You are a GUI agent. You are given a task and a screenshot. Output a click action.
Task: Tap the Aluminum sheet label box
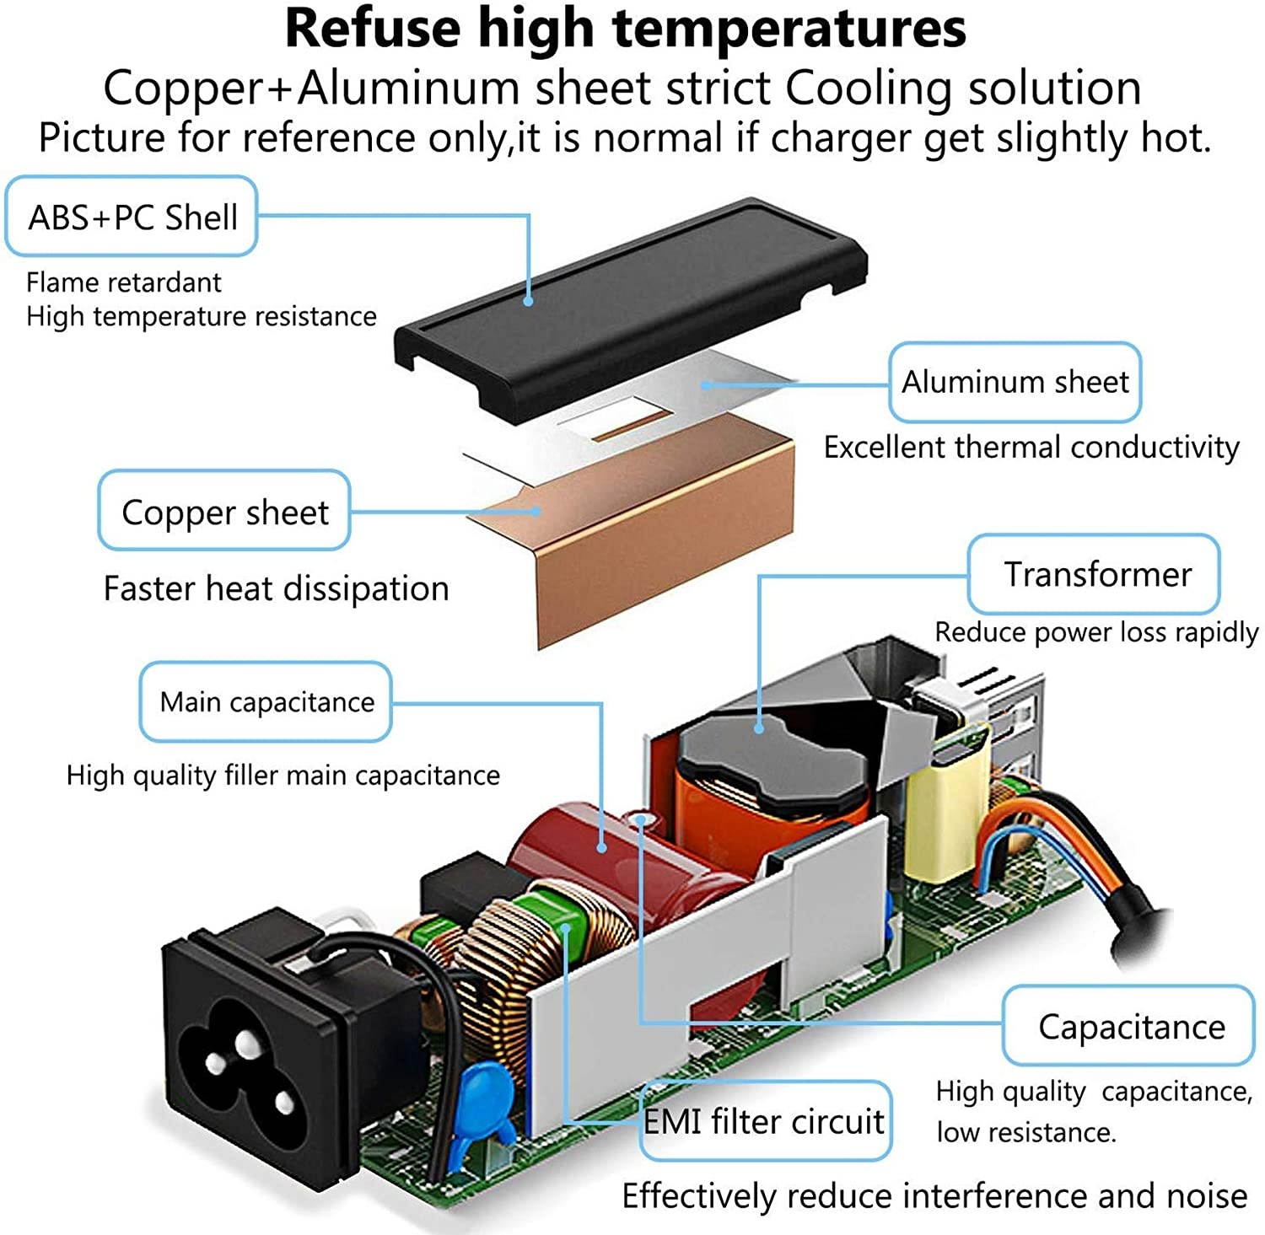1015,382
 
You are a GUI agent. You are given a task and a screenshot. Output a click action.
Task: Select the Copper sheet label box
224,511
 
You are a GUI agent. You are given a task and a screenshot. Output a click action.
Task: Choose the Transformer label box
1095,574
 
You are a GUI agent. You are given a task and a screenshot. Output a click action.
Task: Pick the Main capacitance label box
266,701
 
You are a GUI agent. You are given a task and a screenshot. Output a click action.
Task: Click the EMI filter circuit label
765,1120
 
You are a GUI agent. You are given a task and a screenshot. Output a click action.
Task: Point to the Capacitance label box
1129,1025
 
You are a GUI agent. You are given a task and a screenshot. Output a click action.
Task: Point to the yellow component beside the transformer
945,801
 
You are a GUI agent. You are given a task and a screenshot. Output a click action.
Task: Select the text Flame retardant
124,282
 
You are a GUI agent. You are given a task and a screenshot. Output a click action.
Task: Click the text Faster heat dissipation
277,588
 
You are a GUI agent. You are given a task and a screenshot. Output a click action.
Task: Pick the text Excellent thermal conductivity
1031,447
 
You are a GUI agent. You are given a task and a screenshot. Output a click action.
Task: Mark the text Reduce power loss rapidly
1096,632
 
